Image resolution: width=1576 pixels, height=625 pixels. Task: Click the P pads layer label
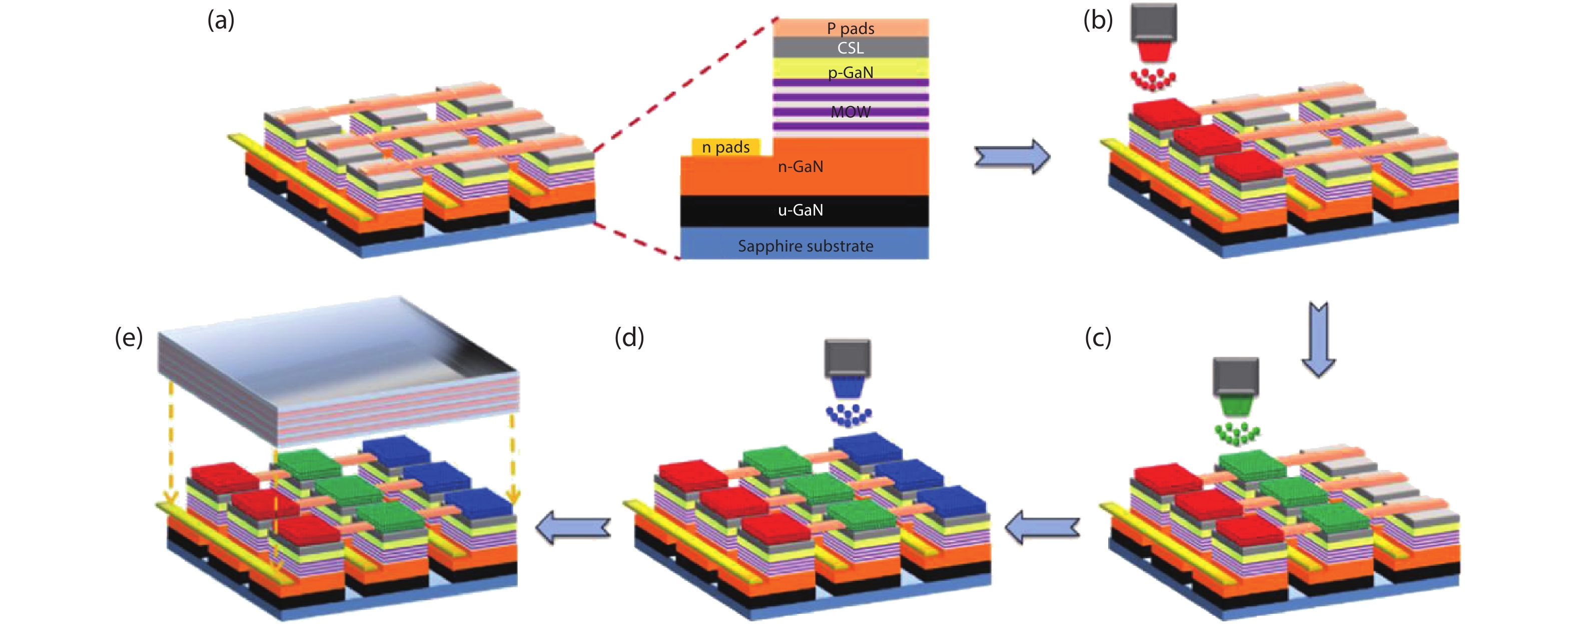tap(851, 28)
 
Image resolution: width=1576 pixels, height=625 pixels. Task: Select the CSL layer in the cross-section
tap(851, 47)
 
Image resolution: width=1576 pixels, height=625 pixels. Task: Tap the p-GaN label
tap(851, 72)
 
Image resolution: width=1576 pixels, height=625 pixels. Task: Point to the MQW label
tap(851, 112)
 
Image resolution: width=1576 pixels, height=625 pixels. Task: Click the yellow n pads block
tap(725, 147)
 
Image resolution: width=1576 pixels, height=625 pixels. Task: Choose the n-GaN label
tap(800, 166)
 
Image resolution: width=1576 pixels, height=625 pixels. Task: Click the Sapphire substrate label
tap(805, 246)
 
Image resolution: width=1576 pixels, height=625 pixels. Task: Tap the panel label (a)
tap(221, 20)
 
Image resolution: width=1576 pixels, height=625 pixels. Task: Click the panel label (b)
tap(1098, 20)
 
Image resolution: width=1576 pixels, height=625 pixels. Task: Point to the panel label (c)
tap(1098, 337)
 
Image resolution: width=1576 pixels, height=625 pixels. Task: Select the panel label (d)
tap(629, 337)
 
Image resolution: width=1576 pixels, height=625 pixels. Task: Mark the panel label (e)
tap(129, 337)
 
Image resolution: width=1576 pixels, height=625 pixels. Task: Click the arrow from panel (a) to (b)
tap(1012, 156)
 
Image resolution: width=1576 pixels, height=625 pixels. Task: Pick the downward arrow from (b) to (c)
tap(1318, 339)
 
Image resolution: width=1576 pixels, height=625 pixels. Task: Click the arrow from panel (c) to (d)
tap(1042, 527)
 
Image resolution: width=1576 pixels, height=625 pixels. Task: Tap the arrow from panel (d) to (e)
tap(573, 527)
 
